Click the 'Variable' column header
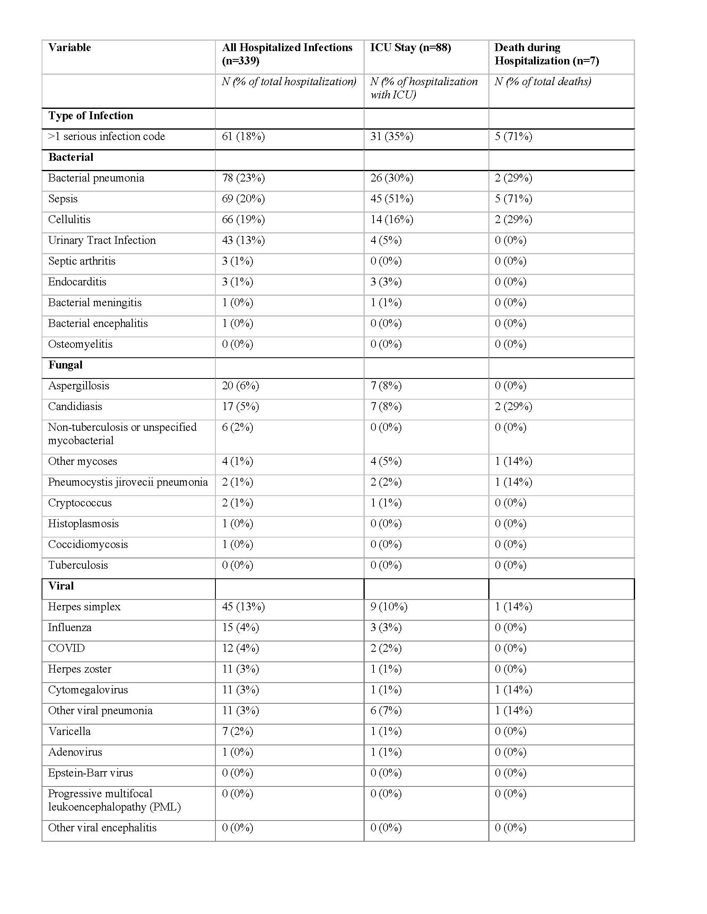click(x=69, y=47)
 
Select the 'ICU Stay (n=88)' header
click(x=410, y=47)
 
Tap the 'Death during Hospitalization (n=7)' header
click(x=546, y=54)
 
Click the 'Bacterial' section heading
click(x=71, y=157)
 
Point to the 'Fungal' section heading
click(x=65, y=365)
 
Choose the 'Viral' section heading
click(x=61, y=586)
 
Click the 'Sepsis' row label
click(x=63, y=199)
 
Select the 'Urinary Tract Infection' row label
click(x=102, y=240)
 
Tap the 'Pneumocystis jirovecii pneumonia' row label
click(x=128, y=482)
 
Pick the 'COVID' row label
click(x=66, y=648)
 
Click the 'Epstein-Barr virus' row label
click(x=91, y=773)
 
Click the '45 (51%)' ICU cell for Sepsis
click(x=392, y=199)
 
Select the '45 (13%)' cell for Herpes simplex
click(x=243, y=607)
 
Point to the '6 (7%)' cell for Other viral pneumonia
click(x=386, y=710)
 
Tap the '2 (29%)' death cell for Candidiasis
click(x=514, y=406)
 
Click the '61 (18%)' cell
click(x=243, y=136)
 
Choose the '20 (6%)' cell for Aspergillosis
click(x=240, y=386)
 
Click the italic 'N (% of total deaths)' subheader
click(x=543, y=81)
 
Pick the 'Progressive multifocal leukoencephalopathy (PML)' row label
click(x=114, y=800)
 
